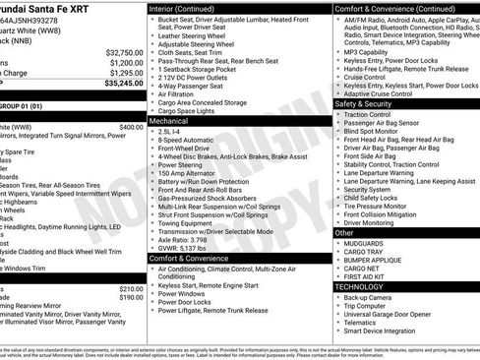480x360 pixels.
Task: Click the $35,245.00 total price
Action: (121, 85)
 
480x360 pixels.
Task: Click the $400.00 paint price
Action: (131, 127)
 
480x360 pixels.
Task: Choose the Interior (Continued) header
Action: (196, 7)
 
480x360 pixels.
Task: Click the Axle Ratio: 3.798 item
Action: (192, 238)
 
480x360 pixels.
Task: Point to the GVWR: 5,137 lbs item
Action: (191, 248)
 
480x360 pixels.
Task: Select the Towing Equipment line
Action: (193, 221)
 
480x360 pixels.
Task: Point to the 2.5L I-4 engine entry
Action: (175, 131)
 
